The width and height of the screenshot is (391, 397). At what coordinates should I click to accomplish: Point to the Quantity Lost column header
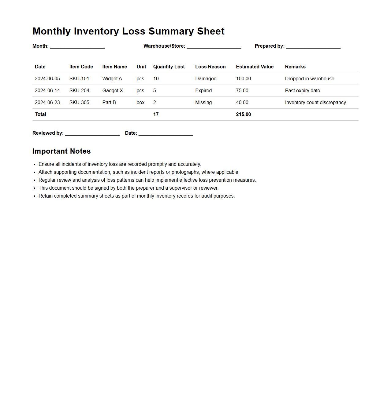[x=169, y=67]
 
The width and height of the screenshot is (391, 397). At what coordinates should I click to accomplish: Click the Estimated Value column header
[x=255, y=67]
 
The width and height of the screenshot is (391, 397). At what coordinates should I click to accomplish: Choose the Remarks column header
[x=295, y=67]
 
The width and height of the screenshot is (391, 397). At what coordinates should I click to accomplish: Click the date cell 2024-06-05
[x=47, y=78]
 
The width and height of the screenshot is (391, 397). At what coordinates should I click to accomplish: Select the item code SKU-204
[x=79, y=90]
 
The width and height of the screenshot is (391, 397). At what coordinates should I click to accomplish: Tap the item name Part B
[x=109, y=102]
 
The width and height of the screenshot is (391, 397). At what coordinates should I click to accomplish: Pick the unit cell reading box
[x=140, y=102]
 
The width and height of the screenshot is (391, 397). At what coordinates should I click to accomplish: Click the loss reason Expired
[x=203, y=90]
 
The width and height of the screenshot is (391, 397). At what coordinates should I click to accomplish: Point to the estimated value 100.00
[x=244, y=78]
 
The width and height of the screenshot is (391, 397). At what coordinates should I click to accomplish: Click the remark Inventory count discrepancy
[x=315, y=102]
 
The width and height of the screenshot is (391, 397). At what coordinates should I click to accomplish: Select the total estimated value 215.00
[x=244, y=114]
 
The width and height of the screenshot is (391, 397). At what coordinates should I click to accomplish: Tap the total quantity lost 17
[x=156, y=114]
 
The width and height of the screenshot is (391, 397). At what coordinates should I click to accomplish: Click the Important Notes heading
[x=61, y=151]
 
